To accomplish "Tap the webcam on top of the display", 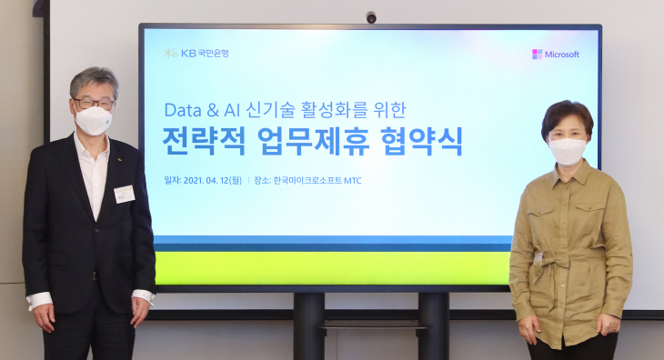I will [x=370, y=17].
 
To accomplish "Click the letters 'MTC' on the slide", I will [x=350, y=181].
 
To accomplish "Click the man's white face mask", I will [x=92, y=119].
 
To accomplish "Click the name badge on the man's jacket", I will [x=125, y=194].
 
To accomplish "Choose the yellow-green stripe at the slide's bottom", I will [x=332, y=268].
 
